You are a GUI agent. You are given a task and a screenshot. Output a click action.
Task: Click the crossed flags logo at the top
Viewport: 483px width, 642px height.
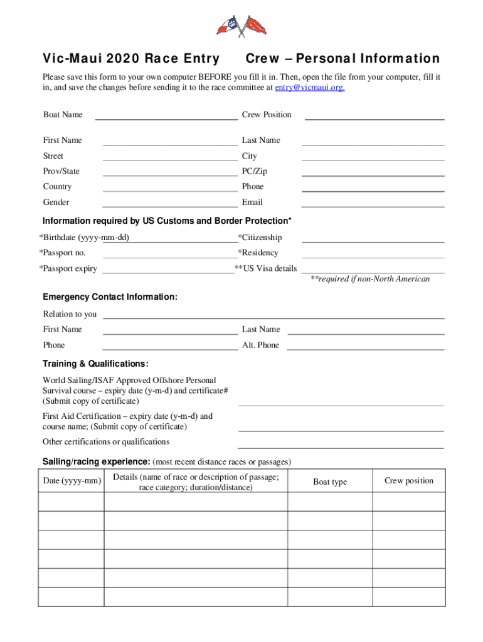(242, 26)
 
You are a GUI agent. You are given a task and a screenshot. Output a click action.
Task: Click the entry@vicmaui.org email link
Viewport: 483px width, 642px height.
(310, 88)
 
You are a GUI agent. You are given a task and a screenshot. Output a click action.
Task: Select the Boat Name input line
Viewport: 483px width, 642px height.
(166, 115)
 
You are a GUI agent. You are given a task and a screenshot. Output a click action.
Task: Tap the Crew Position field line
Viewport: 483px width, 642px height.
(374, 115)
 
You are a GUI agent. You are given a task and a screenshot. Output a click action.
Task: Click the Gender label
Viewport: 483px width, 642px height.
(56, 202)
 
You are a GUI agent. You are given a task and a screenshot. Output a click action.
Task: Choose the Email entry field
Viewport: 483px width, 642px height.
(373, 202)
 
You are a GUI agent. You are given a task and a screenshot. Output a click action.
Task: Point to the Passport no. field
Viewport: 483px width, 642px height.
(170, 253)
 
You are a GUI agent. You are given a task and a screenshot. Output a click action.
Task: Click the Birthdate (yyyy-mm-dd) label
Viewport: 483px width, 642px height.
(84, 238)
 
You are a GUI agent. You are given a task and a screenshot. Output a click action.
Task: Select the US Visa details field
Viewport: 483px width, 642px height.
(373, 268)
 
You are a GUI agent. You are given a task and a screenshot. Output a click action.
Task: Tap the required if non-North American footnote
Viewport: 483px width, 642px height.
(370, 279)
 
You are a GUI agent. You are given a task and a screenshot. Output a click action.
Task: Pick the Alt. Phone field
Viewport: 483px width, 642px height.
(366, 345)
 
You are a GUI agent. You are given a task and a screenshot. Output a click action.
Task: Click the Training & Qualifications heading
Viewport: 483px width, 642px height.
(95, 364)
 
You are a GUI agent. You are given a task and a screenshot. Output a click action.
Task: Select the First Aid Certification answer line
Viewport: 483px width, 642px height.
(341, 426)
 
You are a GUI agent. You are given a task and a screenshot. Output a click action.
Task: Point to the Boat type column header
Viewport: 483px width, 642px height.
(330, 481)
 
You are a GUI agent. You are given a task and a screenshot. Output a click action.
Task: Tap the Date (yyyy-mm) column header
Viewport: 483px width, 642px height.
(71, 481)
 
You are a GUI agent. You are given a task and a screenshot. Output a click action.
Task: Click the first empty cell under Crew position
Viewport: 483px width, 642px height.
(409, 502)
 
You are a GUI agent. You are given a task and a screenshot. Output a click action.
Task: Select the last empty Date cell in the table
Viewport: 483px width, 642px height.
(71, 597)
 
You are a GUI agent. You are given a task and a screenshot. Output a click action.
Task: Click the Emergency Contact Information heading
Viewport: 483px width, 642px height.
(110, 297)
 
